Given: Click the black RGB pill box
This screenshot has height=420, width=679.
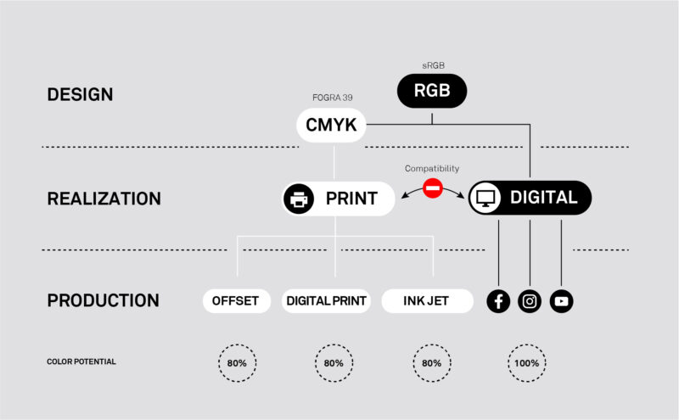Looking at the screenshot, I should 432,91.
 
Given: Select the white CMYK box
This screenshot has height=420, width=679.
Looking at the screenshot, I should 331,126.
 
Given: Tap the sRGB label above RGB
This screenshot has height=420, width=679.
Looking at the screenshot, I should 432,64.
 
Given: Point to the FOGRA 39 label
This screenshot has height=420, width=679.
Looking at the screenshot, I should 331,98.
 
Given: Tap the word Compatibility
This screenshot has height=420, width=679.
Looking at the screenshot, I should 433,169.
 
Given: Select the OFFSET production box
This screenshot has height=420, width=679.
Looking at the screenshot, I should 236,301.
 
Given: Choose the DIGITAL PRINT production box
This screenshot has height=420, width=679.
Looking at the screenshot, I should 327,301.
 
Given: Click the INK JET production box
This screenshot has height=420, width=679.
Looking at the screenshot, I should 427,301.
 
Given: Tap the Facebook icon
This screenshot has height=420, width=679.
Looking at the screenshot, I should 498,301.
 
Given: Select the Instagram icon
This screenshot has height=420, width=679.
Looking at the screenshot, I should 530,301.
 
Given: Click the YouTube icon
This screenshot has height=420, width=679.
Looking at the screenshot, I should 561,301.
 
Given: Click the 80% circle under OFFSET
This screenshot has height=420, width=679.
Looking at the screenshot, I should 237,363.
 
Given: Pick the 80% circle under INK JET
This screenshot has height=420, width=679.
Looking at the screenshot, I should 432,363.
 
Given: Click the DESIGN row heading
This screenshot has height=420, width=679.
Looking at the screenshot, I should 80,95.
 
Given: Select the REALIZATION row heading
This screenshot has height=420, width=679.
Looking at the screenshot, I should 104,199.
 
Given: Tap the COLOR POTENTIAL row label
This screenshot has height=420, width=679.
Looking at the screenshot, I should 81,361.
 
